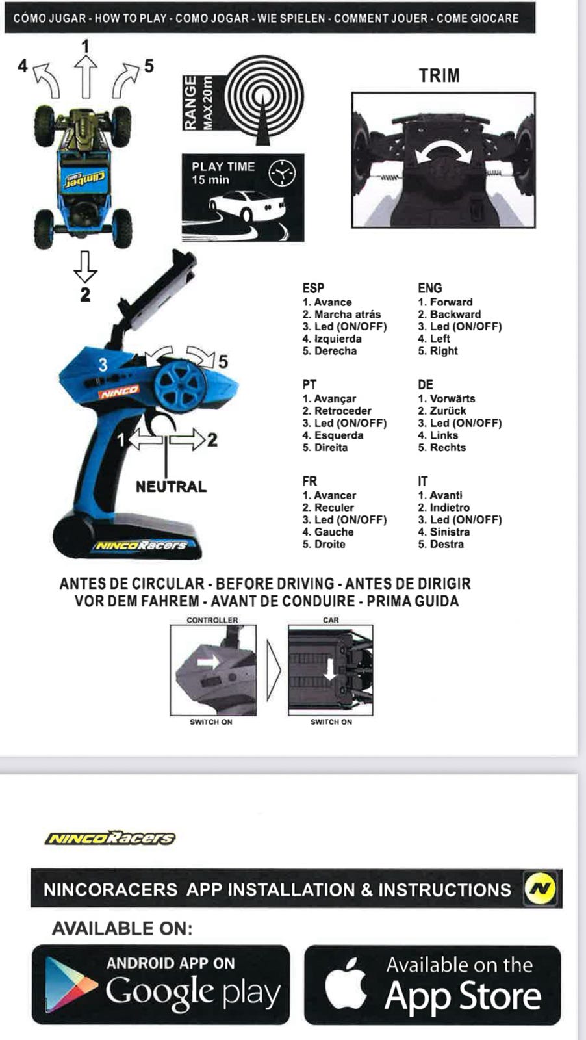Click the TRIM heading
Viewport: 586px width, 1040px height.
pyautogui.click(x=439, y=75)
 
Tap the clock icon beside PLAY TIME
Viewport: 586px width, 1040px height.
pyautogui.click(x=282, y=173)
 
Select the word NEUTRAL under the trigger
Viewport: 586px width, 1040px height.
pyautogui.click(x=171, y=487)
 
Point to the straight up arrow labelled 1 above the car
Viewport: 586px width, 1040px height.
pyautogui.click(x=85, y=76)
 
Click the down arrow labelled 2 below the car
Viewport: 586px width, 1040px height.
pyautogui.click(x=85, y=266)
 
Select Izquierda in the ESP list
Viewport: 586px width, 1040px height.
pyautogui.click(x=338, y=339)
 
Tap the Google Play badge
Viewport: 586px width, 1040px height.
pyautogui.click(x=160, y=985)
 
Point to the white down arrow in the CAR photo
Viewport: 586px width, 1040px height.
pyautogui.click(x=330, y=669)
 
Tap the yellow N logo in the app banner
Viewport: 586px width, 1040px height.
pyautogui.click(x=540, y=889)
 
